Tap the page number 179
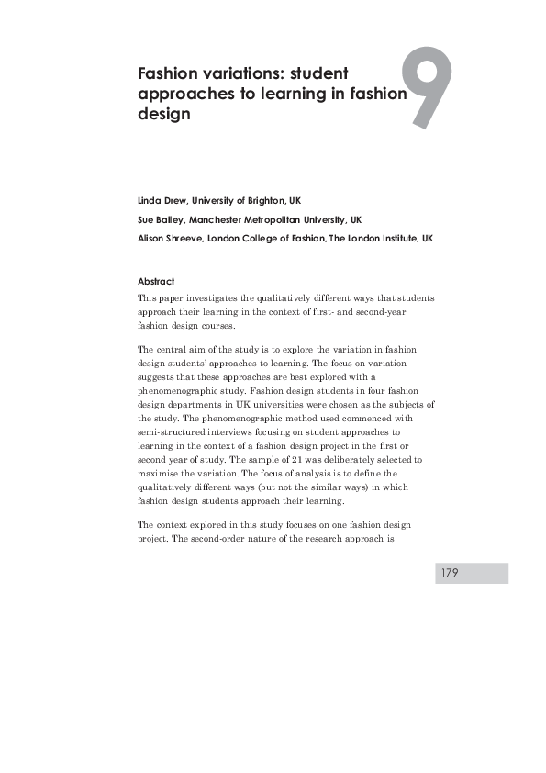450,573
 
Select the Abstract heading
155,281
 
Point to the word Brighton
259,199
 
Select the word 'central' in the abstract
173,350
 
